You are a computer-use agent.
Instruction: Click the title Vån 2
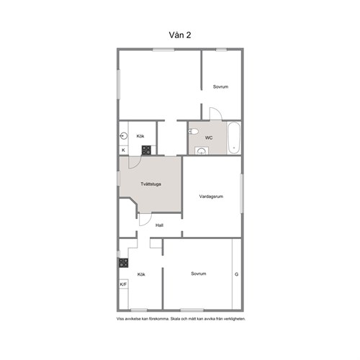(x=180, y=35)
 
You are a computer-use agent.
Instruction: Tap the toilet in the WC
(x=193, y=131)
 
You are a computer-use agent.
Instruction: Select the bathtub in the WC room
(x=234, y=138)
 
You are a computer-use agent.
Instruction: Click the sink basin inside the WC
(x=201, y=151)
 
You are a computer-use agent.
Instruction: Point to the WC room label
(x=209, y=138)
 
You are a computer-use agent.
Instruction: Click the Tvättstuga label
(x=150, y=184)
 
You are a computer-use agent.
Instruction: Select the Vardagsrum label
(x=211, y=197)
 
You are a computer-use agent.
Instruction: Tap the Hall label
(x=159, y=225)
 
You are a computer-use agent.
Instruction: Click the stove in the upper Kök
(x=146, y=150)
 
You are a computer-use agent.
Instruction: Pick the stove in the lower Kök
(x=124, y=263)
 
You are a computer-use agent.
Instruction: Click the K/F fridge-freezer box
(x=123, y=284)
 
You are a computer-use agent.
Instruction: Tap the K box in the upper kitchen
(x=124, y=150)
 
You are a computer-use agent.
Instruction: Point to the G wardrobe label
(x=236, y=274)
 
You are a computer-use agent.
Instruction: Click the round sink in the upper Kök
(x=124, y=136)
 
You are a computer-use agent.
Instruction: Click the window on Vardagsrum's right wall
(x=242, y=194)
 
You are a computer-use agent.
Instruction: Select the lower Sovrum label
(x=199, y=274)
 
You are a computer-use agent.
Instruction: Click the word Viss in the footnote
(x=120, y=319)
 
